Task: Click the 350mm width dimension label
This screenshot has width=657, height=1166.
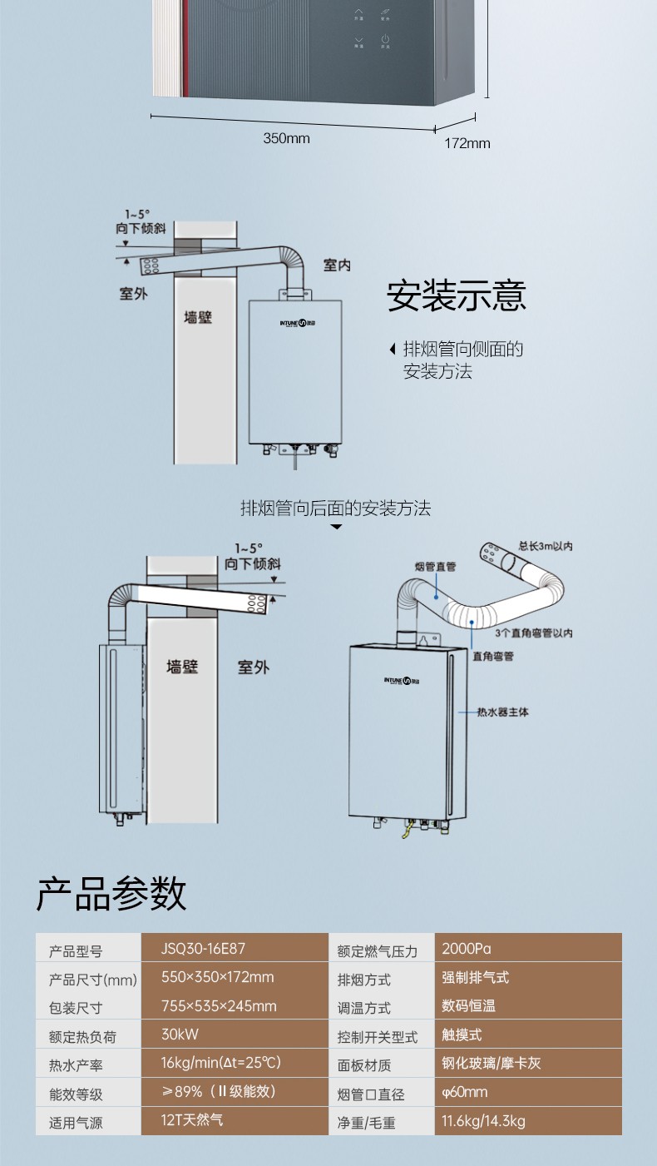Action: pos(286,138)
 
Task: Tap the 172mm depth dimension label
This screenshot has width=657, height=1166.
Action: pos(467,143)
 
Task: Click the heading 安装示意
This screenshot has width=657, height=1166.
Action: pos(457,297)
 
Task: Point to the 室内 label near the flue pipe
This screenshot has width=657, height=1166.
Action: pos(337,265)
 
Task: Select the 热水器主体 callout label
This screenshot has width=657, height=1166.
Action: pos(502,712)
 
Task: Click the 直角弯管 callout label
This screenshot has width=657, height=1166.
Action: pos(493,656)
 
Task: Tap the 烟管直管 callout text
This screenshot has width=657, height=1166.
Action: pos(435,567)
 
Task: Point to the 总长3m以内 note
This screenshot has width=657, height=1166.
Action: pos(545,546)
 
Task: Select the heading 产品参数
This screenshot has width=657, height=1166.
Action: pos(111,894)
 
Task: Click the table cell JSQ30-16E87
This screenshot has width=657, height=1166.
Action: pos(203,948)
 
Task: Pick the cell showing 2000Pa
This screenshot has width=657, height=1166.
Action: pos(467,948)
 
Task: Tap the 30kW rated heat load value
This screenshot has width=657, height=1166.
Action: pos(180,1035)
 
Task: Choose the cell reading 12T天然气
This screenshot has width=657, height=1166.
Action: pos(192,1120)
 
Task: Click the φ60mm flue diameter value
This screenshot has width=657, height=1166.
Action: pos(465,1092)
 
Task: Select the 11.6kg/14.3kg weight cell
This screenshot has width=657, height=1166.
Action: pos(483,1121)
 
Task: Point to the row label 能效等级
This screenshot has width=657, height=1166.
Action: pos(76,1094)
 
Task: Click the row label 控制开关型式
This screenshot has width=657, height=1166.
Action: pos(378,1037)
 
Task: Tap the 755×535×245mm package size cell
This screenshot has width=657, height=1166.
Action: pos(219,1006)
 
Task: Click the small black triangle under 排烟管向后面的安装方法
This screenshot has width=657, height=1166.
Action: pos(336,527)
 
